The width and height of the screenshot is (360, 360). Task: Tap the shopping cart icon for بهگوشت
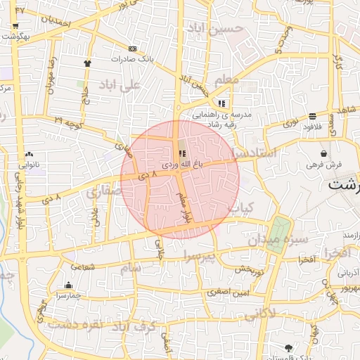point(15,25)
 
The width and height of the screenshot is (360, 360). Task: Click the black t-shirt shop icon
point(87,63)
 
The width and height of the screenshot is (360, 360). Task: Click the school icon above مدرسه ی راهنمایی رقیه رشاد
point(222,103)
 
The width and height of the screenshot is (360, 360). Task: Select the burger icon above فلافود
point(311,116)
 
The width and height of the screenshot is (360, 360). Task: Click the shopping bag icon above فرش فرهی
point(323,153)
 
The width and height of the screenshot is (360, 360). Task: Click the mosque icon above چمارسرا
point(68,285)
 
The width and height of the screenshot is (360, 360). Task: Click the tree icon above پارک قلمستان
point(288,347)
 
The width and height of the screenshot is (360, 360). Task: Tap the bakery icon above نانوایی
point(29,154)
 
